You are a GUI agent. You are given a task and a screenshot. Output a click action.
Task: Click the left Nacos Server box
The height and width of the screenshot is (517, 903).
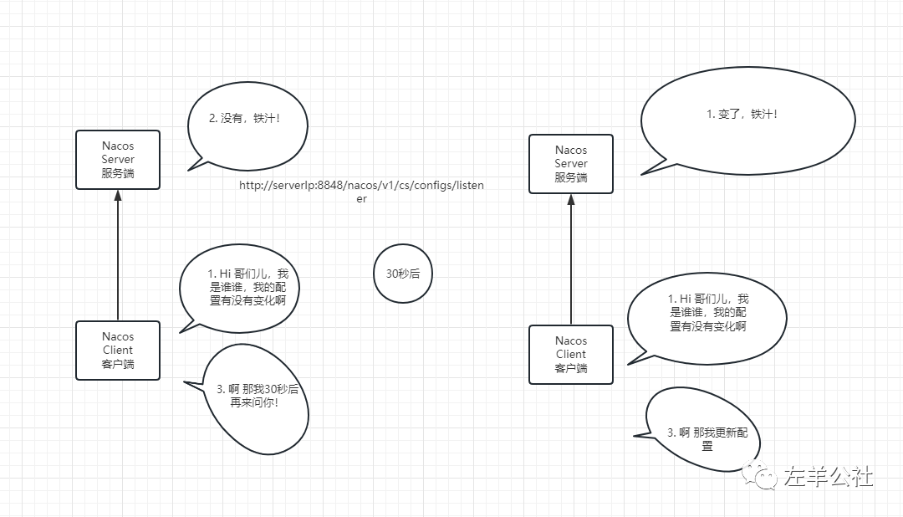coord(118,159)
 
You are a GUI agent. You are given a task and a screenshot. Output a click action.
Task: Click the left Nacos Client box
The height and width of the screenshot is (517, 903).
coord(118,350)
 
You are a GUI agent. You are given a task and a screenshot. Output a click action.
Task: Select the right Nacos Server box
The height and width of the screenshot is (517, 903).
coord(571,164)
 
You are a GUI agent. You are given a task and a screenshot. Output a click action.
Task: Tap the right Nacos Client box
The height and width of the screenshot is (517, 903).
coord(571,354)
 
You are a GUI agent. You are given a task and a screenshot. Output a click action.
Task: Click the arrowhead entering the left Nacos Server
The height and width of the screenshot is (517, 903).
coord(118,196)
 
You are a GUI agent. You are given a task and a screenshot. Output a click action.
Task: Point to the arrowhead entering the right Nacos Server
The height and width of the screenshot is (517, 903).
coord(571,200)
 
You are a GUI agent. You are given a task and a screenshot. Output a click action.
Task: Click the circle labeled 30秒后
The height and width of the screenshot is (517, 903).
coord(403,274)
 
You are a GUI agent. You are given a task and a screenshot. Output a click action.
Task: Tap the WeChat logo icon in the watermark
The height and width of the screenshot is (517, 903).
coord(764,477)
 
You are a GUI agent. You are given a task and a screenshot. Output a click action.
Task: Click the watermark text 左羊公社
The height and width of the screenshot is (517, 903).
coord(828,477)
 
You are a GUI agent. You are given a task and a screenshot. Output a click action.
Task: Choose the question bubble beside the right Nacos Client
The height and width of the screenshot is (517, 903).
coord(707,313)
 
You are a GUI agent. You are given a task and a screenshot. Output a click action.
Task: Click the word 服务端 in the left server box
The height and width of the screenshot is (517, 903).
coord(118,172)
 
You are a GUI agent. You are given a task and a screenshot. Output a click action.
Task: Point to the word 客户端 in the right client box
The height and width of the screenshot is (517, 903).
coord(571,368)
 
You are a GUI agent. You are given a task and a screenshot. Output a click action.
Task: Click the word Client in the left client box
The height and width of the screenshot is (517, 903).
coord(118,350)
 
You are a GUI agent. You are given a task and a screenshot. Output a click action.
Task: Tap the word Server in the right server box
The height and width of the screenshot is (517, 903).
coord(571,164)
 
